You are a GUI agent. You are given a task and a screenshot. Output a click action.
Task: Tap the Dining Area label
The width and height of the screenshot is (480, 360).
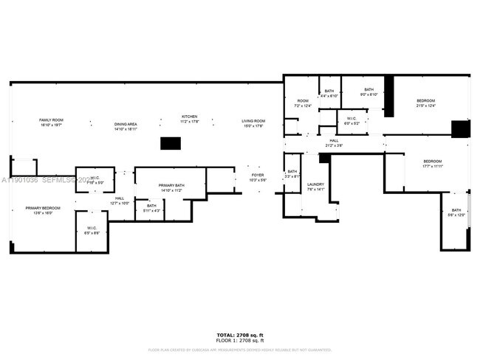[x=126, y=126]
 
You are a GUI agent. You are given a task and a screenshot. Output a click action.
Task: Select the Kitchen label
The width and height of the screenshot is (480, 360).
[x=190, y=119]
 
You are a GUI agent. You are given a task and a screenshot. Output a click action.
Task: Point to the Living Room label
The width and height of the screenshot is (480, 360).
[x=253, y=123]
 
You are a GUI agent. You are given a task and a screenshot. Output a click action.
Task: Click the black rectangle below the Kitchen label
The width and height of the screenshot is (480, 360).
[x=171, y=143]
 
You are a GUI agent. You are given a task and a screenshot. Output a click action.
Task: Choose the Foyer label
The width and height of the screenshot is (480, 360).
[x=257, y=178]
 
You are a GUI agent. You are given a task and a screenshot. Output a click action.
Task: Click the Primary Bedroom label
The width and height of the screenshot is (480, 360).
[x=43, y=210]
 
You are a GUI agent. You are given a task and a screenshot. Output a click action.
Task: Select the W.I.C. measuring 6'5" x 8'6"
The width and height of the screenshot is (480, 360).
[x=92, y=230]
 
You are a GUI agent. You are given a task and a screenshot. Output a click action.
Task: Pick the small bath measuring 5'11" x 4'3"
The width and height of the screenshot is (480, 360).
[x=151, y=207]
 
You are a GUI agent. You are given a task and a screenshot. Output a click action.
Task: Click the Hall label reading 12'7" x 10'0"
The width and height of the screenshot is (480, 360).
[x=120, y=200]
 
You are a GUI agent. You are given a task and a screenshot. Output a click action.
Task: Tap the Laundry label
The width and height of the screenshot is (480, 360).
[x=316, y=186]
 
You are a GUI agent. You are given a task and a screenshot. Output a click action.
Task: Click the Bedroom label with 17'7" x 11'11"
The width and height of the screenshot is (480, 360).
[x=432, y=163]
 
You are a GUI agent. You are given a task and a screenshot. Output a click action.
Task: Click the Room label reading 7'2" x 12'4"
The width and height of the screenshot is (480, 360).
[x=303, y=103]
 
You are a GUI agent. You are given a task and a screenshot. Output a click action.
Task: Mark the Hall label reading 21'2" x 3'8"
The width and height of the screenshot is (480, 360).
[x=334, y=142]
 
